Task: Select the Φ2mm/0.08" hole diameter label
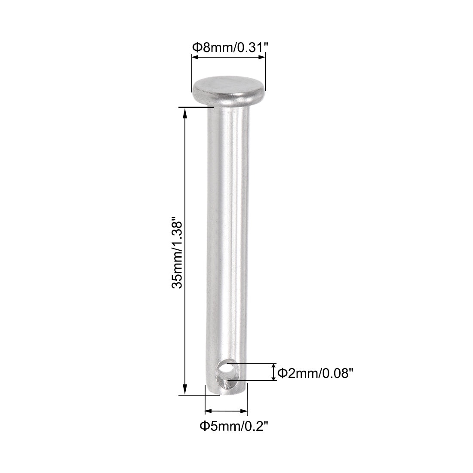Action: pyautogui.click(x=315, y=373)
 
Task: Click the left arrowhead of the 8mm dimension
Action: pyautogui.click(x=194, y=61)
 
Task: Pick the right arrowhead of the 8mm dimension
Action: pyautogui.click(x=262, y=61)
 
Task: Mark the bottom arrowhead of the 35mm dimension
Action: pyautogui.click(x=185, y=390)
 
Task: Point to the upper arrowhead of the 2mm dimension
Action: pyautogui.click(x=273, y=366)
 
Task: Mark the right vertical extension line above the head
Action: pyautogui.click(x=265, y=73)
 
